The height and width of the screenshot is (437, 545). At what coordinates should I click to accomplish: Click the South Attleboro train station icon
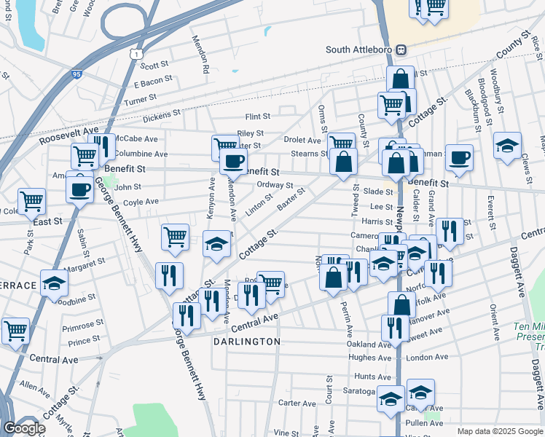(x=401, y=50)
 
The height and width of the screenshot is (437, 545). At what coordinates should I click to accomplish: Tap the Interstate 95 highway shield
(x=79, y=74)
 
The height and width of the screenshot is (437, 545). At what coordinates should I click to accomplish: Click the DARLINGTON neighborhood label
(x=247, y=341)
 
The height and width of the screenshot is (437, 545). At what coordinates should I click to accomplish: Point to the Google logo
(x=24, y=428)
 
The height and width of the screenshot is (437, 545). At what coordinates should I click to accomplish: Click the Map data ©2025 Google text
(x=500, y=431)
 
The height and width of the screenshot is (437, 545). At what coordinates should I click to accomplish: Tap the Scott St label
(x=154, y=66)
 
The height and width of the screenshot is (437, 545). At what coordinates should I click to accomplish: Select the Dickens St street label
(x=161, y=114)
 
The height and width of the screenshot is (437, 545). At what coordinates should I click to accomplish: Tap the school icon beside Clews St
(x=507, y=145)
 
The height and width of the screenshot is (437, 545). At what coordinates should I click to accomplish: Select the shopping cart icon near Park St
(x=31, y=200)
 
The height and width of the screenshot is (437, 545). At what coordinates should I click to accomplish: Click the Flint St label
(x=257, y=117)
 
